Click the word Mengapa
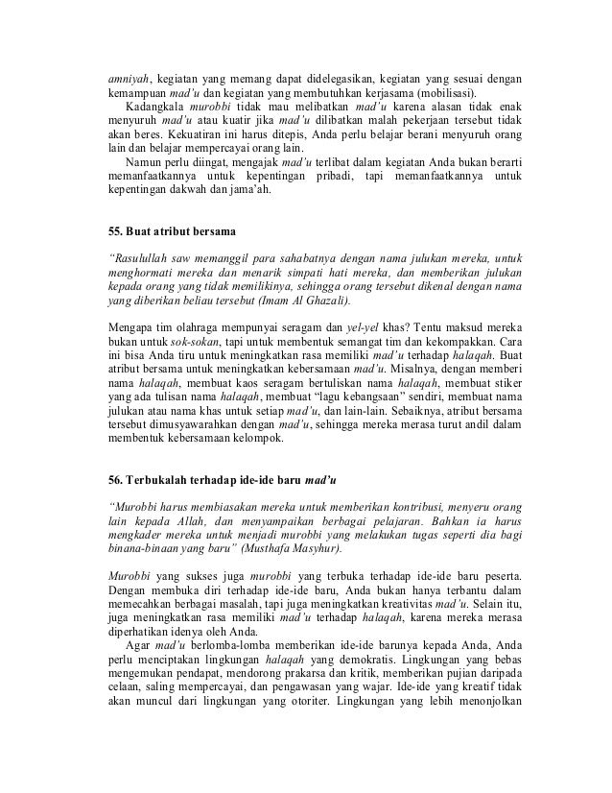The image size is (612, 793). (132, 337)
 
